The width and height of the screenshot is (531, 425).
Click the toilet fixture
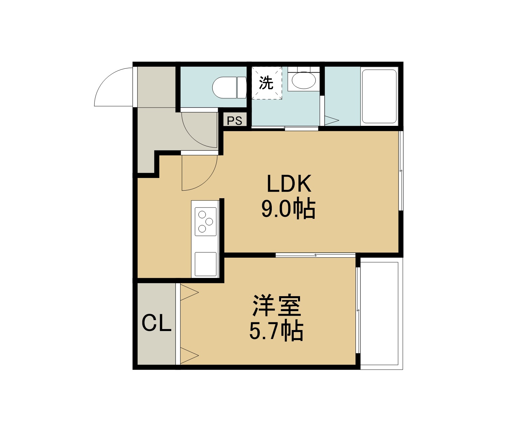click(229, 88)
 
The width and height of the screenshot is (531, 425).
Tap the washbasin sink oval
click(303, 80)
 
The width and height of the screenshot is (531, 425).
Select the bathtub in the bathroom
click(379, 96)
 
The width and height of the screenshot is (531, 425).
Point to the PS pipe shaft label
click(234, 121)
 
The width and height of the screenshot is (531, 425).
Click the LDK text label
click(289, 184)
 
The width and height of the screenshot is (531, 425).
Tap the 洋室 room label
click(276, 305)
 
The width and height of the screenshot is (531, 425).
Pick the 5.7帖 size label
click(276, 331)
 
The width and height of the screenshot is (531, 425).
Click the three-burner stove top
click(205, 221)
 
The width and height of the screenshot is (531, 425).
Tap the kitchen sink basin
click(205, 264)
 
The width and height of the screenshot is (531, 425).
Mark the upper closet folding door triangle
click(189, 293)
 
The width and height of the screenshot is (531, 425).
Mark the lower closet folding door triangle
click(189, 356)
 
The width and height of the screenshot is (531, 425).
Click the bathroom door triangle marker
click(332, 121)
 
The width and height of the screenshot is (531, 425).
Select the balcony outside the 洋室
click(381, 313)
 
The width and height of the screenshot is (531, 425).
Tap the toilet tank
click(242, 88)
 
